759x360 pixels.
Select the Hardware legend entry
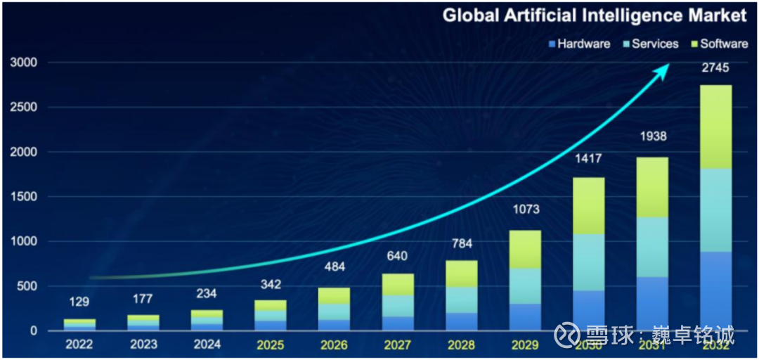(x=579, y=44)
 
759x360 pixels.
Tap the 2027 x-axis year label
(x=398, y=345)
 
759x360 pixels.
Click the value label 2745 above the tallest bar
(x=716, y=68)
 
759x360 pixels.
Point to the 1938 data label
(x=653, y=136)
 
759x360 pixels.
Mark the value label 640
(x=398, y=256)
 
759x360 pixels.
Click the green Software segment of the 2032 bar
(x=716, y=127)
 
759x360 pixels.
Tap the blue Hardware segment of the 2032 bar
(x=716, y=291)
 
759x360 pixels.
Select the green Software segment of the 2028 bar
(x=460, y=274)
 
